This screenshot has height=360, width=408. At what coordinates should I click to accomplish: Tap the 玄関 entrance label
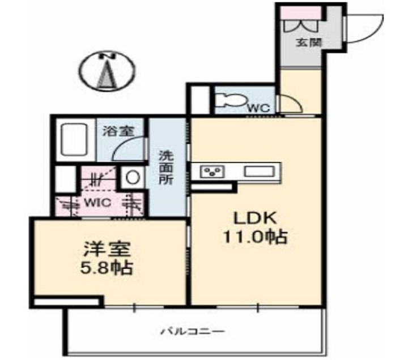coord(308,42)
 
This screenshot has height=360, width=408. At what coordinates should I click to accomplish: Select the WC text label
coord(259,106)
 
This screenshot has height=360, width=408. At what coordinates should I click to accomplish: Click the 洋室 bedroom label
coord(107,248)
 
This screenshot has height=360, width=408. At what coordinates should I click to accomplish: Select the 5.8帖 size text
coord(107,267)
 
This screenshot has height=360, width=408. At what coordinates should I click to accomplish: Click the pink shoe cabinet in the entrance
coord(301,12)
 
